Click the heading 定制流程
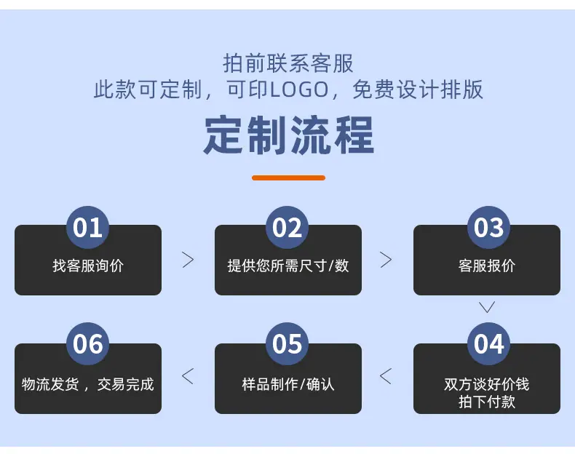click(289, 135)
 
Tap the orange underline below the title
click(289, 178)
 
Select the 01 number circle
click(87, 228)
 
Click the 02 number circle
click(287, 228)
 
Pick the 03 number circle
click(488, 228)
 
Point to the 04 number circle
click(488, 343)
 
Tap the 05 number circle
click(287, 343)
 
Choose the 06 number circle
click(87, 343)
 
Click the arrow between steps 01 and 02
click(188, 260)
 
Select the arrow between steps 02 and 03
click(386, 260)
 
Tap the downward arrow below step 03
click(487, 307)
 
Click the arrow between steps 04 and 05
click(386, 376)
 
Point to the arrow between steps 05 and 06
click(188, 376)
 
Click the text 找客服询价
click(88, 266)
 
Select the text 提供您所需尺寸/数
click(288, 266)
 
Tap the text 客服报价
click(487, 266)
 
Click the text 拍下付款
click(487, 402)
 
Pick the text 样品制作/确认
click(288, 384)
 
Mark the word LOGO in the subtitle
click(299, 90)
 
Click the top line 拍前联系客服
click(288, 63)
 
